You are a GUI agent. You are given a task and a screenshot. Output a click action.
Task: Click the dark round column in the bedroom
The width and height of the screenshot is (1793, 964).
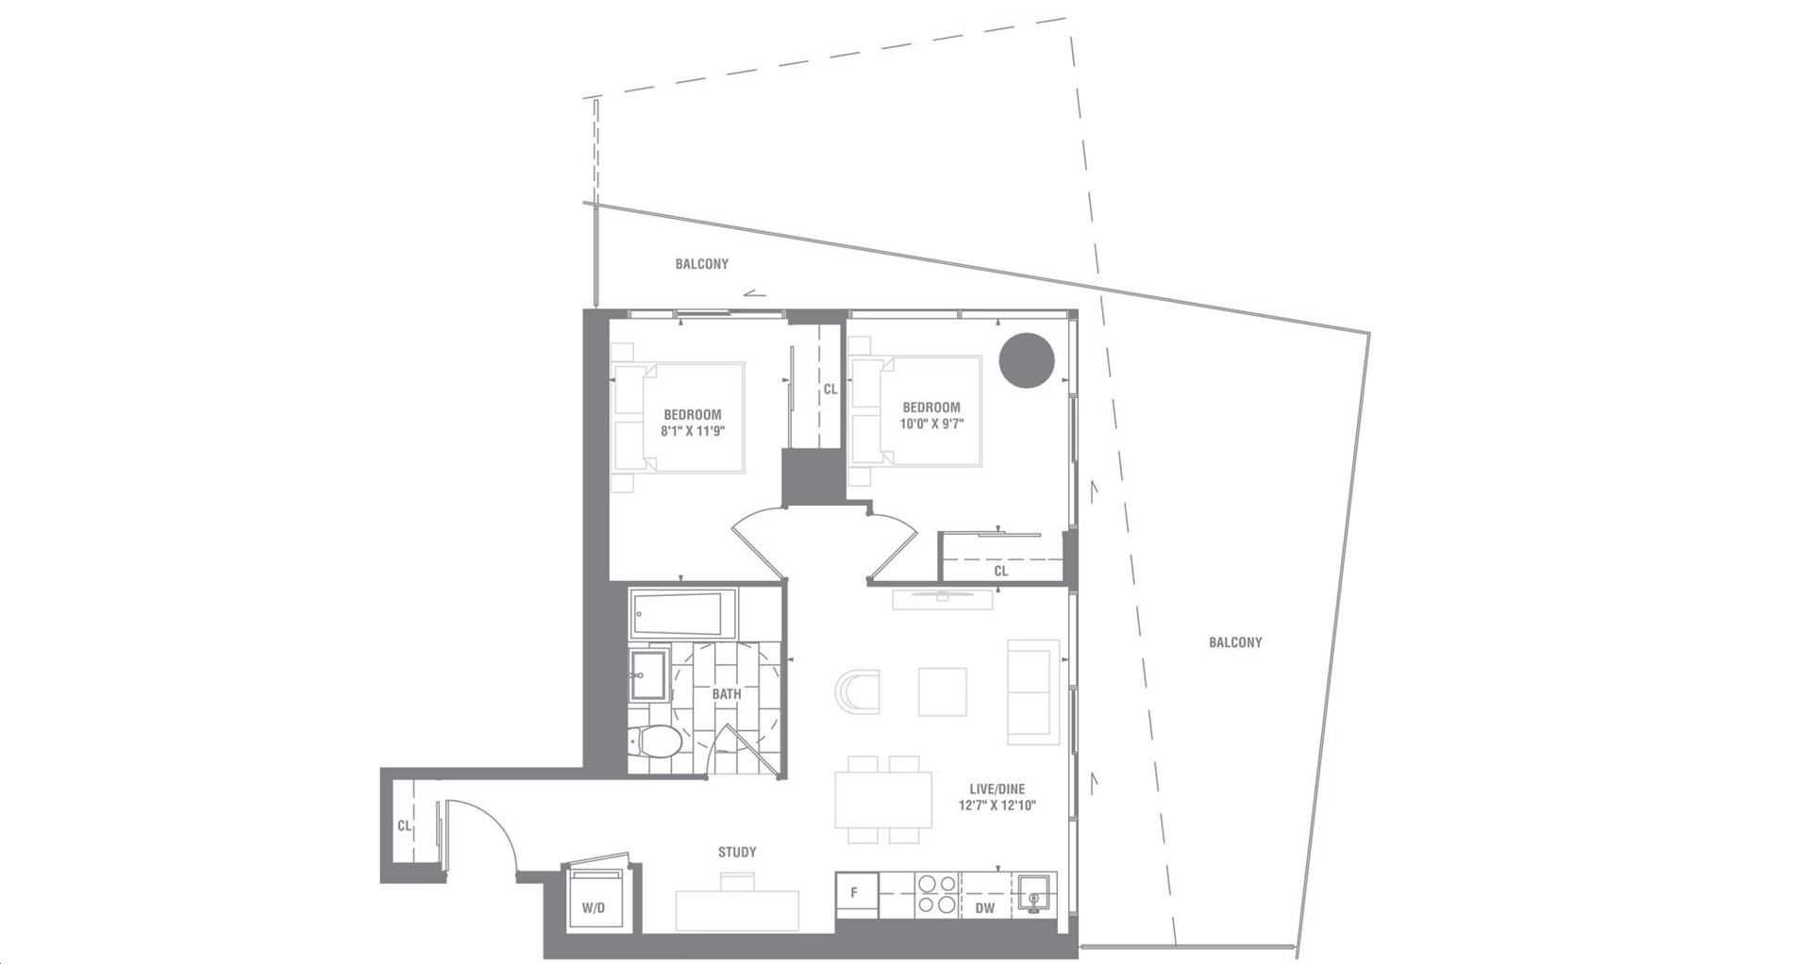(1027, 360)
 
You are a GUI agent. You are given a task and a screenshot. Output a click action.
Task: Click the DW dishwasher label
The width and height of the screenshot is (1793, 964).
(984, 908)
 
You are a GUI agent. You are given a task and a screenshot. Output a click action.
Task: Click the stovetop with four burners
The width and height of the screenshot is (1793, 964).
(937, 893)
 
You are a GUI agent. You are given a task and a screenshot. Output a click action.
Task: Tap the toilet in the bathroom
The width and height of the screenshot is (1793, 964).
(653, 740)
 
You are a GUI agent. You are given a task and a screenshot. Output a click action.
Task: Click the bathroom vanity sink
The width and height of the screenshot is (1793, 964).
(647, 674)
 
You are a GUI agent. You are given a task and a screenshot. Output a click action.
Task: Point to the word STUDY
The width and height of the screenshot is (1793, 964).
(737, 852)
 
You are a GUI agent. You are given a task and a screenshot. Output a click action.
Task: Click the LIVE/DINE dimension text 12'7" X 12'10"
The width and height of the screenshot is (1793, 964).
(997, 806)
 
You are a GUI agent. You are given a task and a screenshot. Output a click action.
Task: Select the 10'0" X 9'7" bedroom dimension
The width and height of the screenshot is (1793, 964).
(931, 424)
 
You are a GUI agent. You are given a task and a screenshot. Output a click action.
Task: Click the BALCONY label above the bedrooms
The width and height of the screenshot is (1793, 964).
(702, 264)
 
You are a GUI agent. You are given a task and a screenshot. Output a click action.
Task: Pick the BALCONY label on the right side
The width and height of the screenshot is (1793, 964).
(1235, 642)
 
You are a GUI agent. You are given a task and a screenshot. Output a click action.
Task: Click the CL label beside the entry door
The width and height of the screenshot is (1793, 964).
(404, 826)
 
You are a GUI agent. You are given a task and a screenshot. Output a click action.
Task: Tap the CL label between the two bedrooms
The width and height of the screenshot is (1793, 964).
(830, 389)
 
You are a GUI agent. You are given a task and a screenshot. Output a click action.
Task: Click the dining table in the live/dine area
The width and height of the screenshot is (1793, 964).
(882, 800)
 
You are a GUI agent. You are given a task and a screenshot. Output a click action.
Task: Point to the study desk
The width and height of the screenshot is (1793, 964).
(737, 911)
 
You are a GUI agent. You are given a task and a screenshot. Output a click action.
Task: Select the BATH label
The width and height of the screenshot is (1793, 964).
(727, 694)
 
